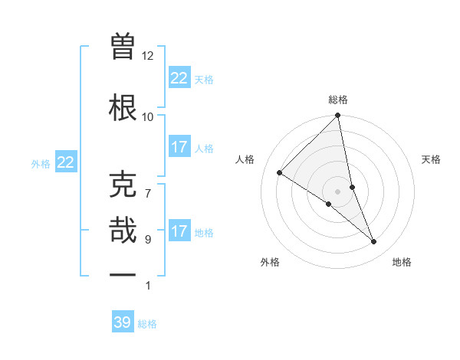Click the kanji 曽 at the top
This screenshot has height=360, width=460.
click(x=123, y=46)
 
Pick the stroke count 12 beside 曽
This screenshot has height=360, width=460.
click(x=148, y=55)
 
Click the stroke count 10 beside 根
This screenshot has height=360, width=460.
click(x=148, y=116)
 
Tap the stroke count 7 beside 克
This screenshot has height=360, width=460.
click(x=148, y=185)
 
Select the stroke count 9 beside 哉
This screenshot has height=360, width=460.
click(x=148, y=239)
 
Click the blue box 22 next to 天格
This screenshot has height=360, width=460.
click(x=179, y=78)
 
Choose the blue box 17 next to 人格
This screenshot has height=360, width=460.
click(x=179, y=147)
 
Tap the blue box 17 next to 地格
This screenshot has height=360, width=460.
click(x=179, y=231)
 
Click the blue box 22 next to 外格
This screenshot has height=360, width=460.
click(x=66, y=162)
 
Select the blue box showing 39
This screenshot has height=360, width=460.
click(x=123, y=322)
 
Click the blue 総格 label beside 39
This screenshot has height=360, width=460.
click(x=147, y=324)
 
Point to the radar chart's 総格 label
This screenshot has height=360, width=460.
click(x=338, y=100)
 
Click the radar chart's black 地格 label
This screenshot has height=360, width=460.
click(x=402, y=262)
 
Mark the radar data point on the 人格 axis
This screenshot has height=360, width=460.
click(x=280, y=173)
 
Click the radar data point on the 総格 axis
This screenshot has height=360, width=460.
click(x=338, y=116)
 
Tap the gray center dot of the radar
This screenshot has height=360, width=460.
click(x=338, y=191)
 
